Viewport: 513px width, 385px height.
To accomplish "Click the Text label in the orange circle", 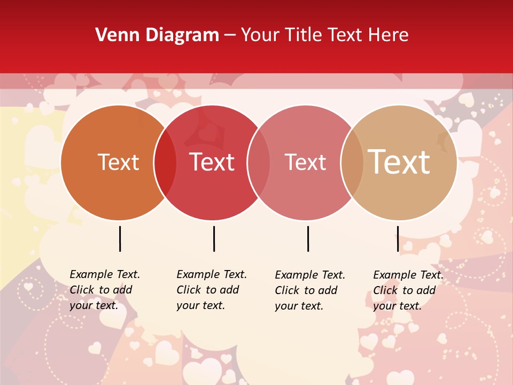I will pyautogui.click(x=118, y=162).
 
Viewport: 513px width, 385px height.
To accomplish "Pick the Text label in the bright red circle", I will pyautogui.click(x=212, y=162).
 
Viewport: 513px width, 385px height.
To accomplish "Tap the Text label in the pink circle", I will pyautogui.click(x=305, y=162).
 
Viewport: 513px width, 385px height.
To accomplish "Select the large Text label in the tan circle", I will pyautogui.click(x=399, y=162).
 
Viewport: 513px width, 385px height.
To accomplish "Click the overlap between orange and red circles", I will pyautogui.click(x=165, y=162).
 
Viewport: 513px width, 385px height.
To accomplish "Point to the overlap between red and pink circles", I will pyautogui.click(x=259, y=162).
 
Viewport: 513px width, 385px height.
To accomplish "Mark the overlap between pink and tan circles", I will pyautogui.click(x=352, y=162).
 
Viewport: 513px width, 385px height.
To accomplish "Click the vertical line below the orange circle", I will pyautogui.click(x=120, y=238).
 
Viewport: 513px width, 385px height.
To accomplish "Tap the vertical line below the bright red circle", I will pyautogui.click(x=214, y=238).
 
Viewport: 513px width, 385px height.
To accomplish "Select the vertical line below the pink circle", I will pyautogui.click(x=308, y=238).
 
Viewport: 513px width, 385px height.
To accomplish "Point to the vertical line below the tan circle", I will pyautogui.click(x=398, y=238).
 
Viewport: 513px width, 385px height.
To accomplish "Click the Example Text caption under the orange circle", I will pyautogui.click(x=105, y=290).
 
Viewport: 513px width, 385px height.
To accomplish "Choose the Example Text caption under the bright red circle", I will pyautogui.click(x=212, y=290).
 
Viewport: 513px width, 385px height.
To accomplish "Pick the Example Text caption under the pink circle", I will pyautogui.click(x=310, y=290).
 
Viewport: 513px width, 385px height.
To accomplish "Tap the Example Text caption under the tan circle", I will pyautogui.click(x=408, y=290).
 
